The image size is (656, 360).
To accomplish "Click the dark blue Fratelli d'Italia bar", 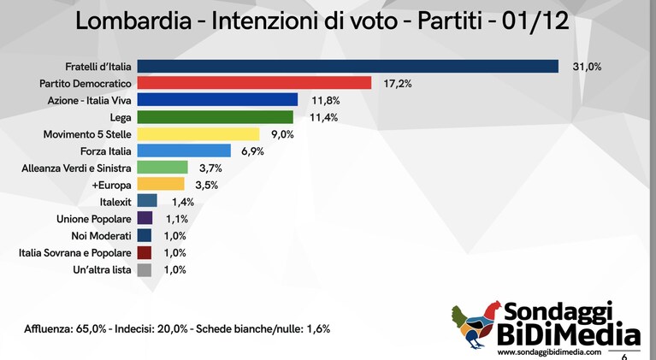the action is click(x=347, y=67).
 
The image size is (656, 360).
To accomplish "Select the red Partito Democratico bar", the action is click(x=254, y=83).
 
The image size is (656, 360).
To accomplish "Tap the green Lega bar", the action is click(x=215, y=117).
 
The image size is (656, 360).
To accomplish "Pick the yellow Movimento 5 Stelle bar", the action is click(x=198, y=134).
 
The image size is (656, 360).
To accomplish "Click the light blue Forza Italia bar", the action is click(x=184, y=151).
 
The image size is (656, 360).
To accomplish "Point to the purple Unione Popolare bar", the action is click(x=145, y=219).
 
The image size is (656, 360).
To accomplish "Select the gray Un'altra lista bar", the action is click(x=145, y=269).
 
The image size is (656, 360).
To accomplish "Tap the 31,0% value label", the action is click(x=587, y=67).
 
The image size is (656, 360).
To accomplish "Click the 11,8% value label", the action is click(x=326, y=100).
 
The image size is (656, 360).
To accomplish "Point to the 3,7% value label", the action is click(x=210, y=168).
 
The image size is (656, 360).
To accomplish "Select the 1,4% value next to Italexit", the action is click(x=183, y=202).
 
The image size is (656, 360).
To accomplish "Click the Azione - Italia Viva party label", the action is click(x=89, y=100).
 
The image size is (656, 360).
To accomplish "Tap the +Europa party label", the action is click(x=111, y=185).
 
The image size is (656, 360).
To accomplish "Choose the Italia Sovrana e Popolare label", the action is click(x=75, y=253).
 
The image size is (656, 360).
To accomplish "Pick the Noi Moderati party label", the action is click(x=101, y=236).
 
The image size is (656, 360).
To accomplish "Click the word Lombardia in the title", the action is click(x=133, y=21).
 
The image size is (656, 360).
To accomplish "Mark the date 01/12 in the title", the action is click(x=535, y=21).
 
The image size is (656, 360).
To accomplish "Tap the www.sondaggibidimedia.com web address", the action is click(x=549, y=352).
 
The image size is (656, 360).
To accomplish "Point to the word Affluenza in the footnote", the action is click(x=47, y=328).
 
